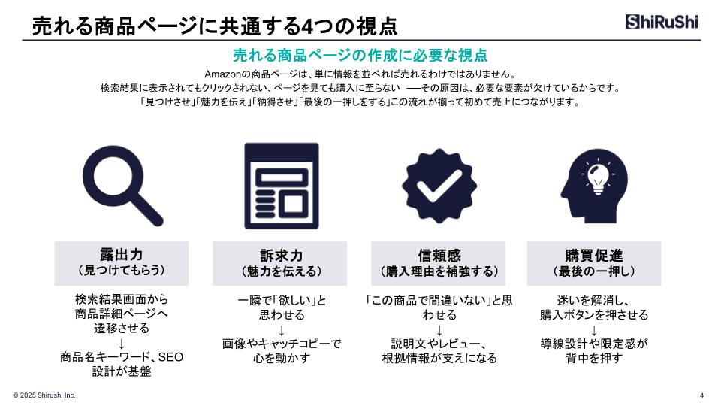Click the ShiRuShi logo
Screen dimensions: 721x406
click(661, 22)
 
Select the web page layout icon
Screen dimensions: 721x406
click(282, 186)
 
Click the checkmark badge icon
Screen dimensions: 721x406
click(439, 186)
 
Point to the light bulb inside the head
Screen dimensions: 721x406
click(598, 177)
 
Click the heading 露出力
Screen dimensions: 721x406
click(122, 254)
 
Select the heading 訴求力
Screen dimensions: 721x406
click(282, 256)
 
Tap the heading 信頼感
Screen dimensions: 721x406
click(439, 256)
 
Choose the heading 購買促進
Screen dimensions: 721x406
click(594, 256)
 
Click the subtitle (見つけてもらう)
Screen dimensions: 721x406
click(122, 270)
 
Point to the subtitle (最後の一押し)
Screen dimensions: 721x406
click(594, 271)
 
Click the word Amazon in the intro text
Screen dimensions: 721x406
click(222, 74)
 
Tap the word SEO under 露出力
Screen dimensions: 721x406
click(170, 357)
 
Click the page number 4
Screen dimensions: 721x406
click(701, 395)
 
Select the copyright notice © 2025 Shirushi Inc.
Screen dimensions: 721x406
click(44, 395)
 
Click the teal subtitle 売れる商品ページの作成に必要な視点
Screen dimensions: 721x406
click(360, 56)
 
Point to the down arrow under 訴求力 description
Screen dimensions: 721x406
click(282, 330)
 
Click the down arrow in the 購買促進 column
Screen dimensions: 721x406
click(594, 330)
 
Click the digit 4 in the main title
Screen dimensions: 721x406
click(307, 27)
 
